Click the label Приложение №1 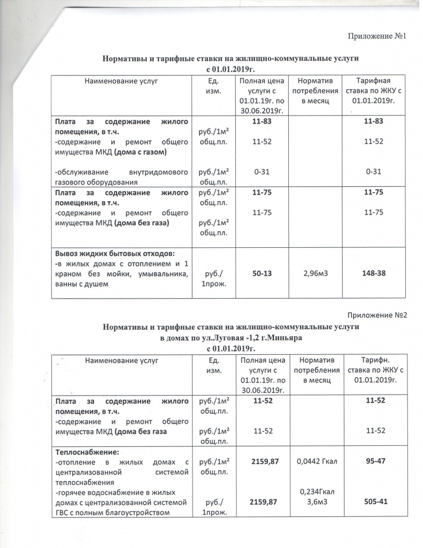point(378,36)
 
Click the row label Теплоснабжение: point(80,452)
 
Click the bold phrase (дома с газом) point(140,152)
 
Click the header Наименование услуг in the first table point(121,81)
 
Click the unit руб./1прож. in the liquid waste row point(211,278)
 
